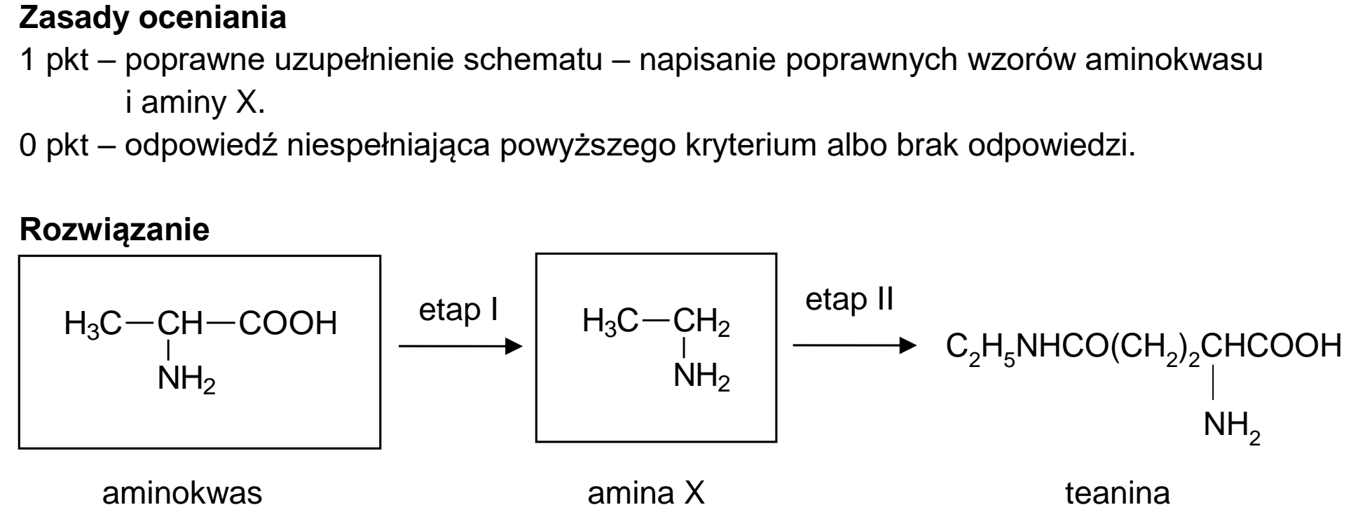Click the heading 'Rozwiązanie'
coord(114,230)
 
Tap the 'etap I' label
coord(458,310)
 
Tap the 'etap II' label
coord(849,300)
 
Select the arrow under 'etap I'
coord(460,346)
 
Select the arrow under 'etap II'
coord(854,345)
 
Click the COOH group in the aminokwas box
coord(288,324)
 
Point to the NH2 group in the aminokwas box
coord(186,380)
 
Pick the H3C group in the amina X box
coord(610,323)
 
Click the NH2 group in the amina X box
coord(701,378)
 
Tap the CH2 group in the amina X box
coord(701,324)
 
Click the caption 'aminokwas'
coord(182,493)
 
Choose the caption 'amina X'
coord(646,493)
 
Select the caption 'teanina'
coord(1118,493)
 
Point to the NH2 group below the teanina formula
coord(1232,426)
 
